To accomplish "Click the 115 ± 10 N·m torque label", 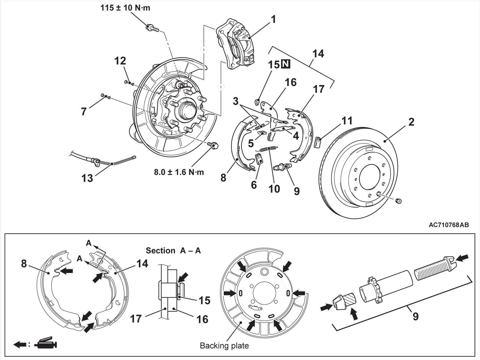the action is click(125, 8).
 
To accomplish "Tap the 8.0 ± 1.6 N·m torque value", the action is click(179, 172).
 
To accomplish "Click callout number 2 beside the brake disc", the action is click(411, 122).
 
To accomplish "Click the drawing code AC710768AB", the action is click(449, 225).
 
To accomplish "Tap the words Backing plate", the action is click(224, 346).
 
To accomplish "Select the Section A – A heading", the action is click(173, 250).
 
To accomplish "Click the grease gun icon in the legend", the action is click(46, 343).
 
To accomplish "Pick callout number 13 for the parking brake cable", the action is click(87, 178).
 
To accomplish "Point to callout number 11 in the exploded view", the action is click(347, 121).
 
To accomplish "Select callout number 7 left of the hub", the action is click(84, 112).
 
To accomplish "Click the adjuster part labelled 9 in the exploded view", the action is click(283, 167).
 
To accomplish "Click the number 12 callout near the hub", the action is click(120, 61).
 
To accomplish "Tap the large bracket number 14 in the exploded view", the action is click(318, 54).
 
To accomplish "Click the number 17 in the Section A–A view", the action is click(136, 319).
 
